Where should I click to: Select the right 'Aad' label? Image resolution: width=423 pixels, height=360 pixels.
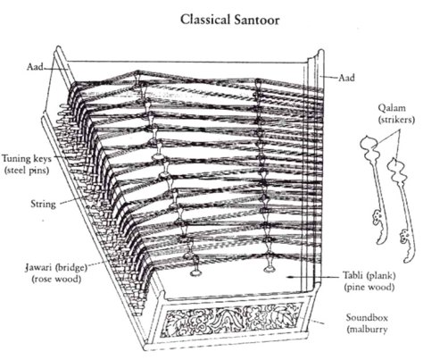click(346, 78)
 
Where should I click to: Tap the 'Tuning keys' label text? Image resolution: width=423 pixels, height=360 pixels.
click(25, 155)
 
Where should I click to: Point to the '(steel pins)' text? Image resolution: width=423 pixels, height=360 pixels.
click(27, 166)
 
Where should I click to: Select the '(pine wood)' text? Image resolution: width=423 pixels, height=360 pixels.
click(364, 287)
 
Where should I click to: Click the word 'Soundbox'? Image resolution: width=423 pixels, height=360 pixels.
click(365, 318)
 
